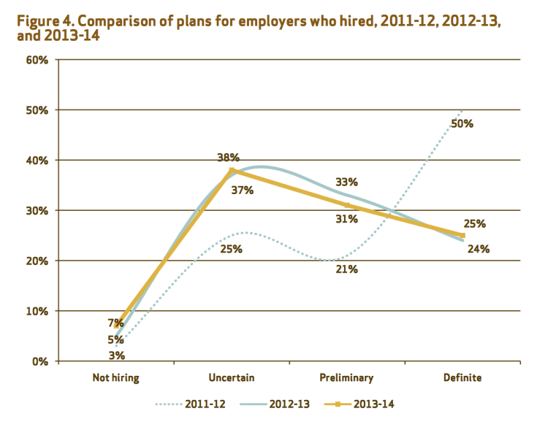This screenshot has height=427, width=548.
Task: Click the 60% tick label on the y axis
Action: [37, 60]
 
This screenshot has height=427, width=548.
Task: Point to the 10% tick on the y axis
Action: [37, 311]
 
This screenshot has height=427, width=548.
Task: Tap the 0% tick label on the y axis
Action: [40, 361]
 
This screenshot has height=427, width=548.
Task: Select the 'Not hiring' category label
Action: [115, 377]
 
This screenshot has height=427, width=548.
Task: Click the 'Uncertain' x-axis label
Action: [231, 377]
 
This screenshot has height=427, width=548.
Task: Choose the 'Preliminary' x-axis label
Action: [346, 377]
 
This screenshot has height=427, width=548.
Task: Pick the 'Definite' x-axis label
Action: [463, 377]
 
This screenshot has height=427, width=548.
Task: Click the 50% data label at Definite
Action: [463, 123]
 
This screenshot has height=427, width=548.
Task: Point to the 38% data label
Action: [228, 157]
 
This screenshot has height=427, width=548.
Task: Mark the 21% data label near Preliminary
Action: [346, 269]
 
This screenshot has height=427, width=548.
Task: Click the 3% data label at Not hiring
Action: [117, 355]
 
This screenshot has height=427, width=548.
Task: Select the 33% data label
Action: [346, 182]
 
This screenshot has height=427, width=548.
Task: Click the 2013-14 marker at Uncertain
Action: [232, 170]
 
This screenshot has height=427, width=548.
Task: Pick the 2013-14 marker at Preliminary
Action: [347, 205]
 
